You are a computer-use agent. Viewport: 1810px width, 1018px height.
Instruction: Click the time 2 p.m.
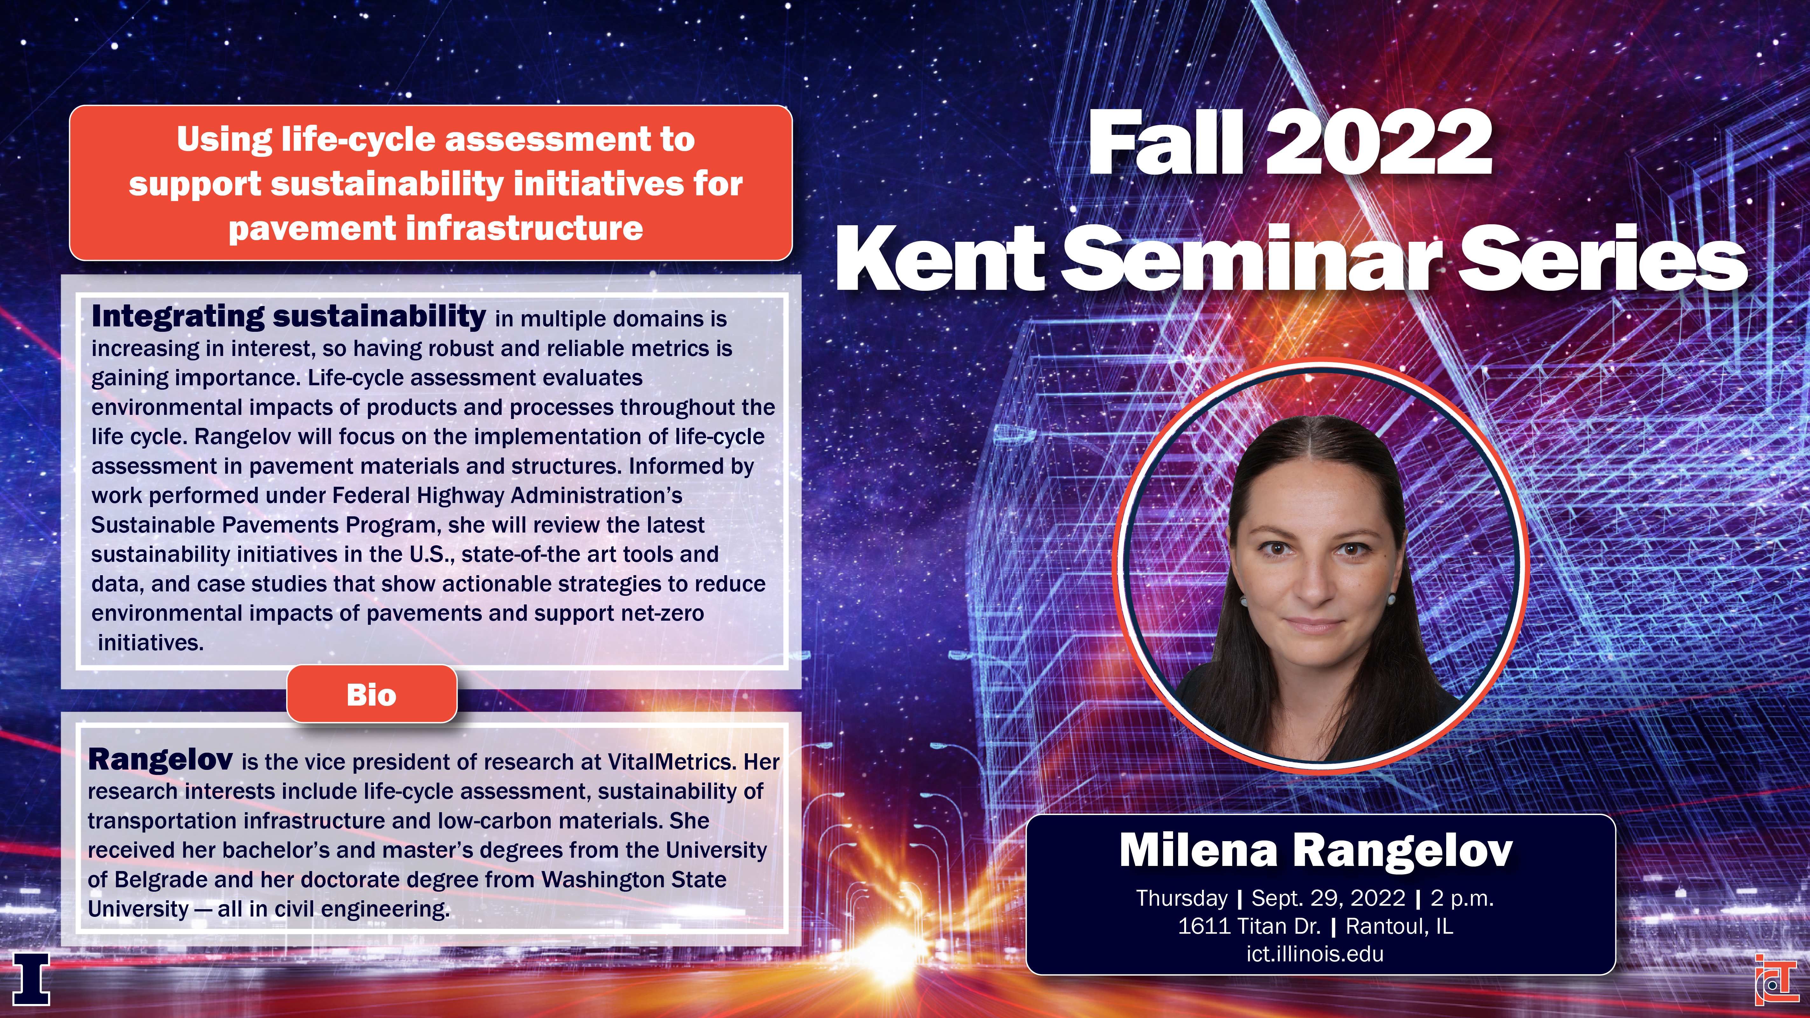click(1462, 898)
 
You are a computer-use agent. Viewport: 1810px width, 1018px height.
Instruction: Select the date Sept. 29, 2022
click(1328, 898)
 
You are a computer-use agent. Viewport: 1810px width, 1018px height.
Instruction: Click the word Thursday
click(1182, 898)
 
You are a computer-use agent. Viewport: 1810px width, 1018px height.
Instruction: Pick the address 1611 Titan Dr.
click(1249, 926)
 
